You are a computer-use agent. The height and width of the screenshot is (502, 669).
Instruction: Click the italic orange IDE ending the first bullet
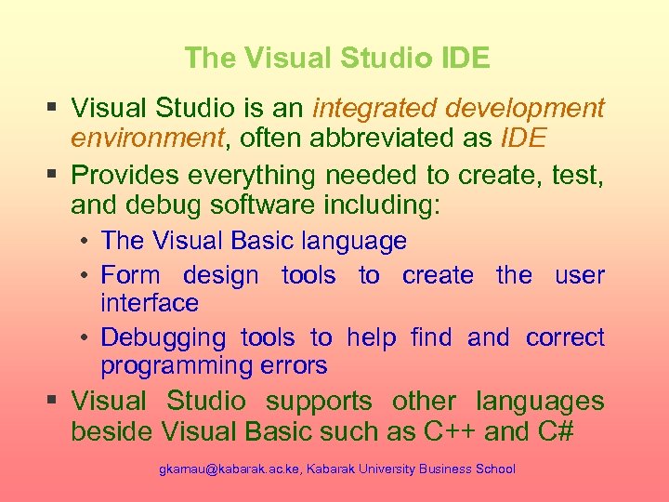(x=522, y=139)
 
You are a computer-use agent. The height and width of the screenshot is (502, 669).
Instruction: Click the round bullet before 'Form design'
(x=84, y=275)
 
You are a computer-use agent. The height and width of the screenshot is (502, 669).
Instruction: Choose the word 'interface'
(x=150, y=303)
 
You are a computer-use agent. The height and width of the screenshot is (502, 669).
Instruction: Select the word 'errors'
(x=294, y=365)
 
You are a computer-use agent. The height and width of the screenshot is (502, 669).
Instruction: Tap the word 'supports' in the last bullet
(x=319, y=402)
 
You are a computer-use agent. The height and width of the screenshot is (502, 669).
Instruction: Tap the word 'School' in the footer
(x=494, y=469)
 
